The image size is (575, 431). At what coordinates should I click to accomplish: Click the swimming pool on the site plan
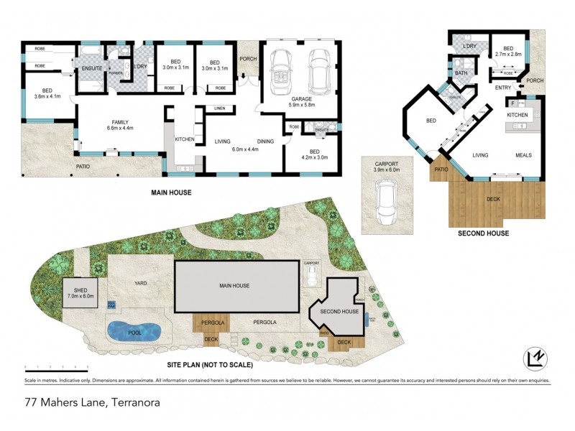coord(134,331)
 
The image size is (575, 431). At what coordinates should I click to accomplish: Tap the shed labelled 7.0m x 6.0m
coord(80,293)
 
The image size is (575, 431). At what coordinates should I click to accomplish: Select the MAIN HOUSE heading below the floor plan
coord(173,193)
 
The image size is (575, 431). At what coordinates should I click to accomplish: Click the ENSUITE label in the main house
coord(91,68)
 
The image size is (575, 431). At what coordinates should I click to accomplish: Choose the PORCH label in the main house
coord(248,60)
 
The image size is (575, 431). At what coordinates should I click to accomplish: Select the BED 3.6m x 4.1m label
coord(50,94)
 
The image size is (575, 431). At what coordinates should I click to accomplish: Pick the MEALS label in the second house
coord(523,154)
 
